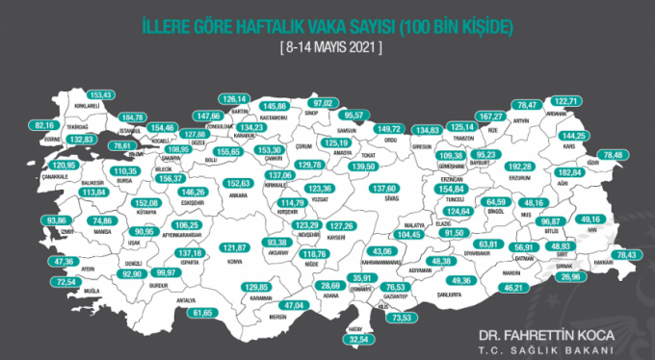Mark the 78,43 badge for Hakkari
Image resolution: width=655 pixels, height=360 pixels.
(x=627, y=254)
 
